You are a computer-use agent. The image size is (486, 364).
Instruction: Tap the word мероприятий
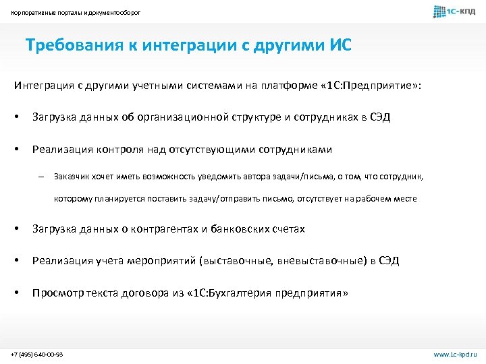146,262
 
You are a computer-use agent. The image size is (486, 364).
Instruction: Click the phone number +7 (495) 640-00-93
37,353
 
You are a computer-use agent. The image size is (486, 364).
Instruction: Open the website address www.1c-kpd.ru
454,353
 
